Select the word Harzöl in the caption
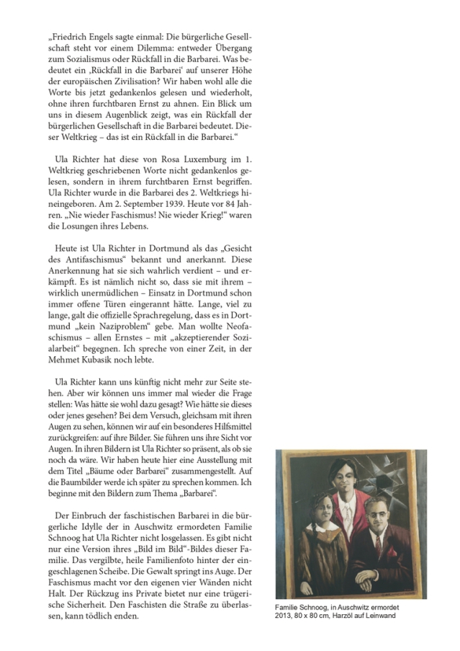pos(357,615)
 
